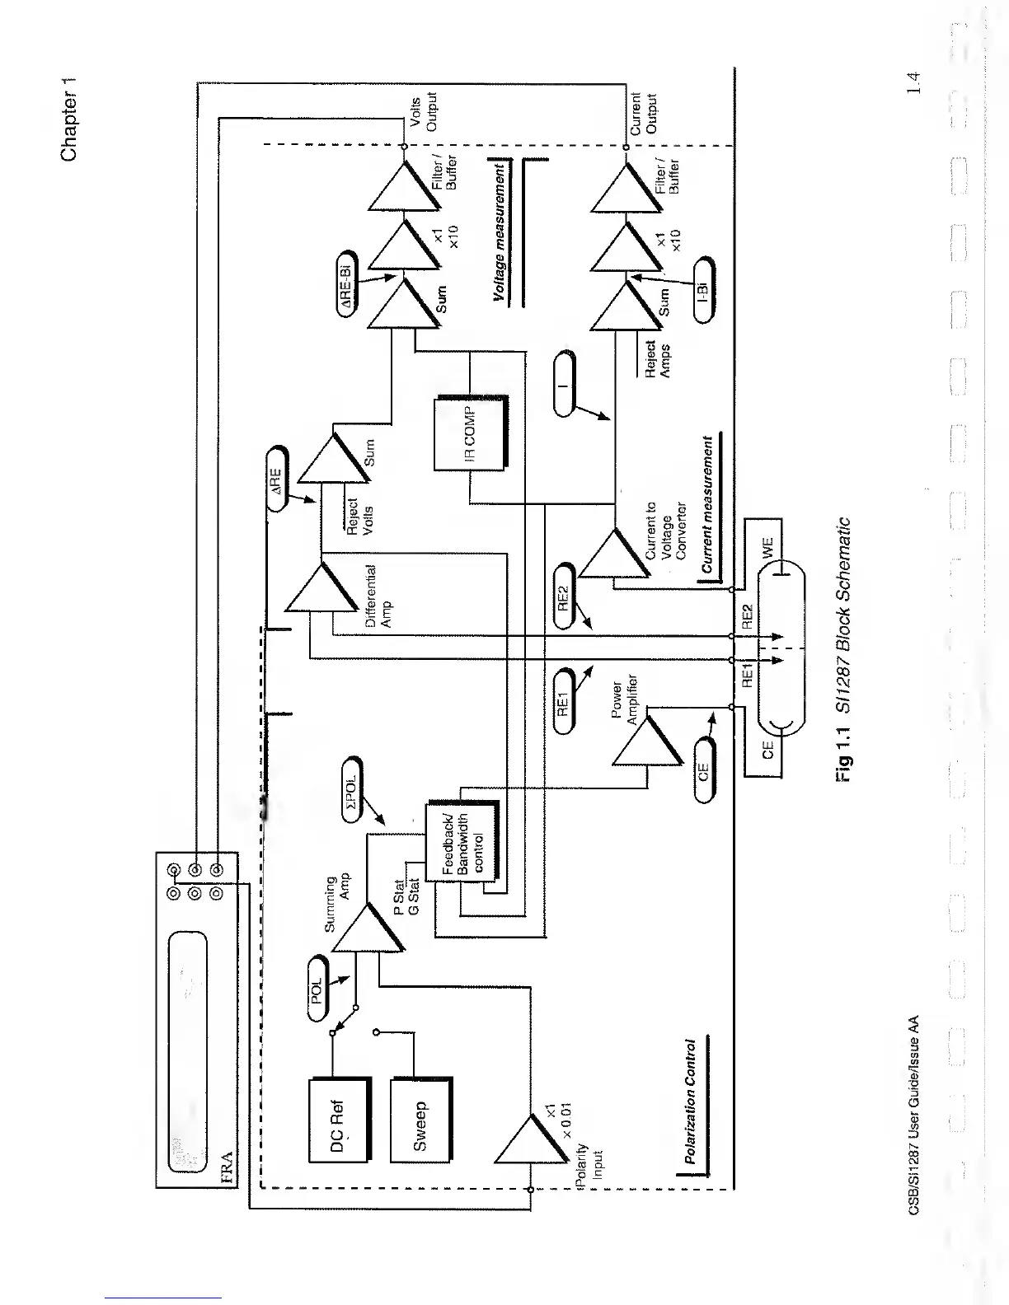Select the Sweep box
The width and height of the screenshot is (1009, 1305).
tap(420, 1119)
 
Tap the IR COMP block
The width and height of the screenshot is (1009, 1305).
tap(468, 433)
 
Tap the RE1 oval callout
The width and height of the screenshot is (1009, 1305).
tap(565, 699)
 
